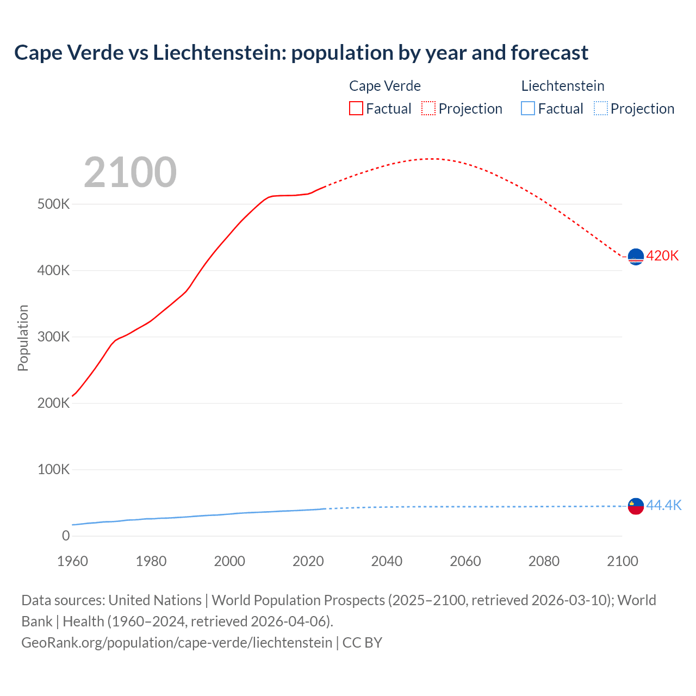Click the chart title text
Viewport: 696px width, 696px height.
pyautogui.click(x=301, y=53)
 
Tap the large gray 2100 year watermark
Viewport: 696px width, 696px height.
pyautogui.click(x=130, y=172)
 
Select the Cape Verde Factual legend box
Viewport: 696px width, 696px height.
pyautogui.click(x=356, y=108)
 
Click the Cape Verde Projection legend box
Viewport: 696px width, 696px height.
pyautogui.click(x=428, y=108)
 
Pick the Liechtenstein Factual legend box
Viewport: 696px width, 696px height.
pyautogui.click(x=528, y=108)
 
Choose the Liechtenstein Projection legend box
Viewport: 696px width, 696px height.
pyautogui.click(x=601, y=108)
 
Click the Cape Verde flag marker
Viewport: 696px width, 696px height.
pyautogui.click(x=636, y=256)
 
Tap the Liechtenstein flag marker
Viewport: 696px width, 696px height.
pyautogui.click(x=636, y=506)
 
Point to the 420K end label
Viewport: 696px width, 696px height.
pyautogui.click(x=662, y=256)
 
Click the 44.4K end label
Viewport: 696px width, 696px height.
pyautogui.click(x=663, y=505)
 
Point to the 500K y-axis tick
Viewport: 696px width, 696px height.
pyautogui.click(x=53, y=204)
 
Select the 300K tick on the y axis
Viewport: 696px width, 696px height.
pyautogui.click(x=53, y=337)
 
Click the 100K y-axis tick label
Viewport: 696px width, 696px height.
pyautogui.click(x=53, y=470)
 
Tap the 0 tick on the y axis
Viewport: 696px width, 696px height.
pyautogui.click(x=66, y=536)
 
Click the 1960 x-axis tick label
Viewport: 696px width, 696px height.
pyautogui.click(x=72, y=561)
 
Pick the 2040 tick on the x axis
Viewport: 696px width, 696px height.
pyautogui.click(x=387, y=561)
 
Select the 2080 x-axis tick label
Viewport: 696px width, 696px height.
pyautogui.click(x=544, y=561)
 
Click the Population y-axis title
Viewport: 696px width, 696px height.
pyautogui.click(x=23, y=338)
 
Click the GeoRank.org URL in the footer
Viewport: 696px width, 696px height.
pyautogui.click(x=177, y=643)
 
